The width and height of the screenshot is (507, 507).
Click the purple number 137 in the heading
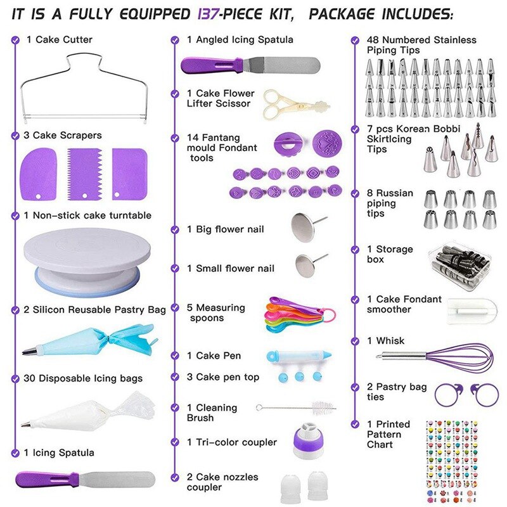[208, 13]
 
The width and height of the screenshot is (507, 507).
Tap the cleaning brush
[296, 408]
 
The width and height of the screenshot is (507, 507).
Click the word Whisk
[390, 341]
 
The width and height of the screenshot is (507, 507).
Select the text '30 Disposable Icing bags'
[83, 378]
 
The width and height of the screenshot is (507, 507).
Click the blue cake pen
[298, 356]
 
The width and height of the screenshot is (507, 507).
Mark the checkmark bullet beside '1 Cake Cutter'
[15, 39]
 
